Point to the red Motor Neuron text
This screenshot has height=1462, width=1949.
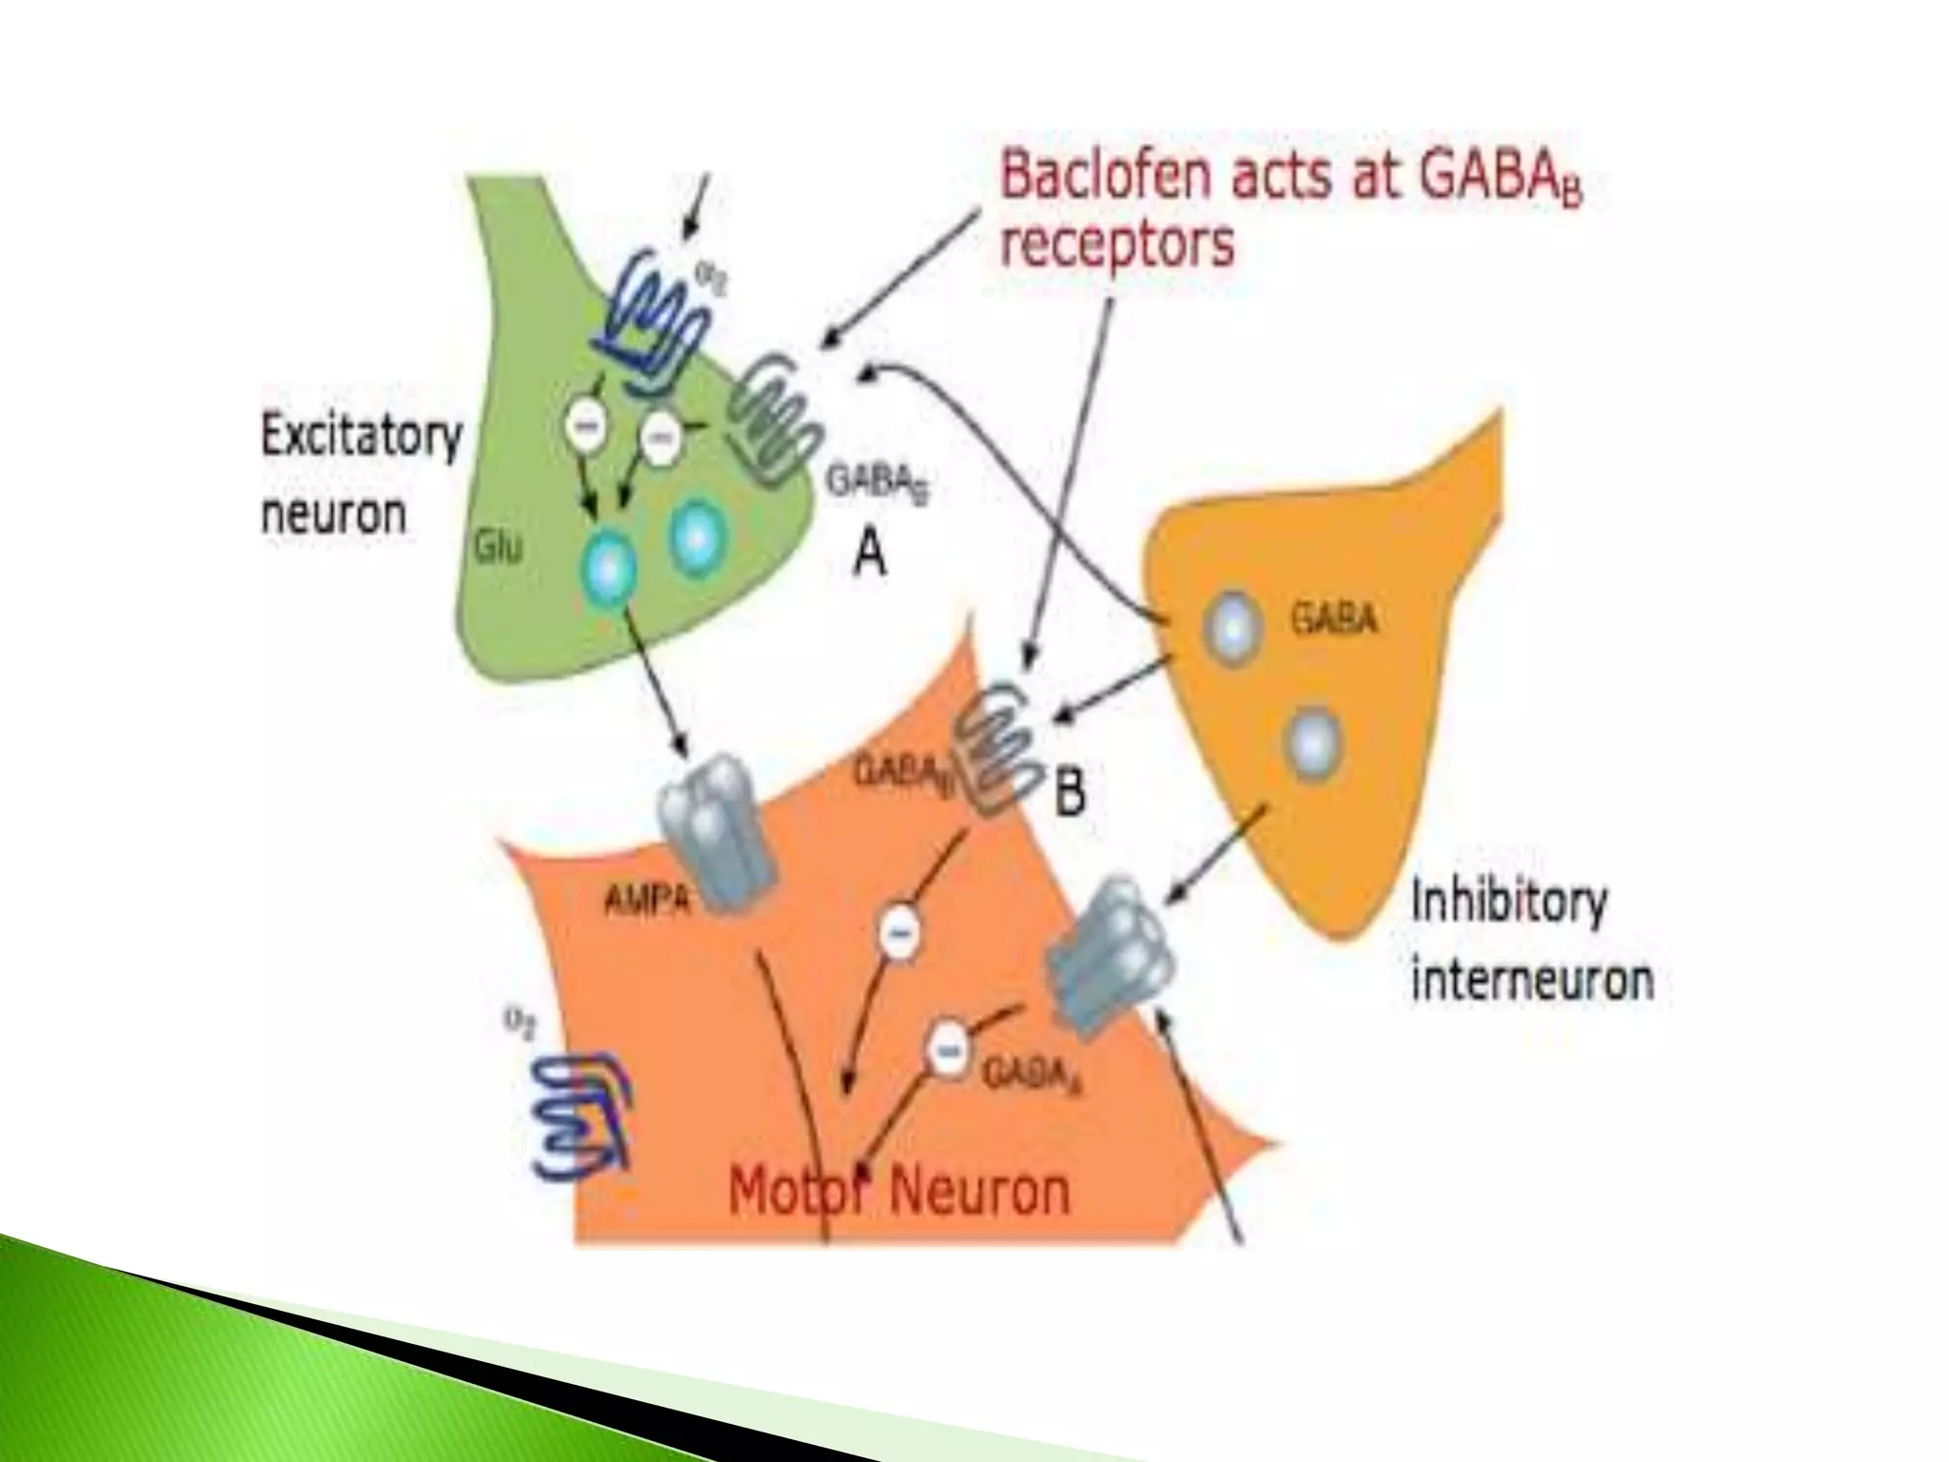coord(898,1190)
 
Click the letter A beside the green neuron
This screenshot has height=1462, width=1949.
coord(868,553)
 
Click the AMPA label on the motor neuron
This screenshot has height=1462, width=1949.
coord(646,903)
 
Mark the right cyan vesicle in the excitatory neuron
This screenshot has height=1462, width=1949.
coord(699,536)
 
